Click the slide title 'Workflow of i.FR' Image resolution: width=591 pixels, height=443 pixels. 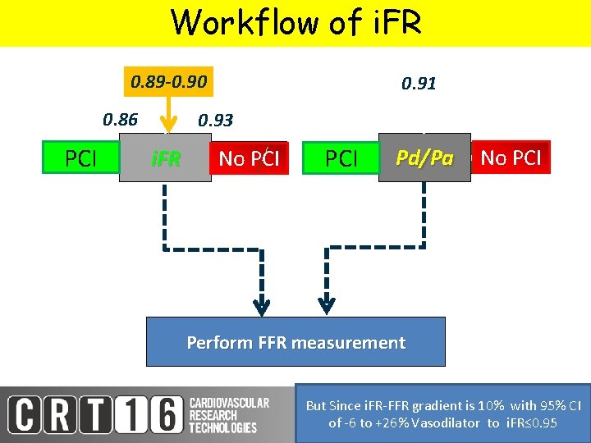(295, 22)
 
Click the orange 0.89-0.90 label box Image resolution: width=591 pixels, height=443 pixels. (169, 82)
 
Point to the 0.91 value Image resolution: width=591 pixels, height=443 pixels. (418, 84)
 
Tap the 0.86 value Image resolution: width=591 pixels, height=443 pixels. (120, 120)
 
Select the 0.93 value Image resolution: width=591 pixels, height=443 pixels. (216, 121)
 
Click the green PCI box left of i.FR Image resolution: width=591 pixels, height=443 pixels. (80, 158)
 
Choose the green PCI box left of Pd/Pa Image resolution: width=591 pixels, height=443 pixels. (341, 158)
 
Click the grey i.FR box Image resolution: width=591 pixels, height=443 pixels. (165, 158)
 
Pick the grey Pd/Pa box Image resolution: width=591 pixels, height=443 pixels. (424, 158)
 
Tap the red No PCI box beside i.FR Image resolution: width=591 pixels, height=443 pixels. (249, 158)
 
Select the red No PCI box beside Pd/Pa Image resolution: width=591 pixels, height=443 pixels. (511, 158)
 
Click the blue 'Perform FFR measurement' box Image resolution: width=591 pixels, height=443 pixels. (295, 342)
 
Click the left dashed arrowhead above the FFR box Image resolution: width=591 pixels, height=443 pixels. (262, 308)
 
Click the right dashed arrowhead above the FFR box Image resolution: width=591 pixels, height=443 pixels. (327, 308)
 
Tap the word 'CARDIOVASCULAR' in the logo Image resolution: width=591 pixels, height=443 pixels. (229, 403)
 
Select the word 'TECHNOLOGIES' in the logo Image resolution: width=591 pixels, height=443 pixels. (222, 427)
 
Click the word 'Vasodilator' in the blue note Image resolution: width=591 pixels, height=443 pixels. (447, 422)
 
